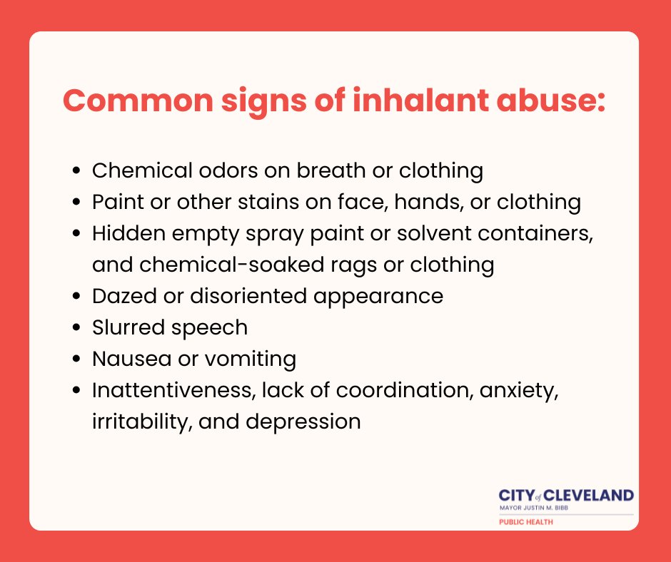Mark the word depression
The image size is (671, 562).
coord(303,422)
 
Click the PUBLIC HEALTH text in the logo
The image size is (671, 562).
coord(525,522)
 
